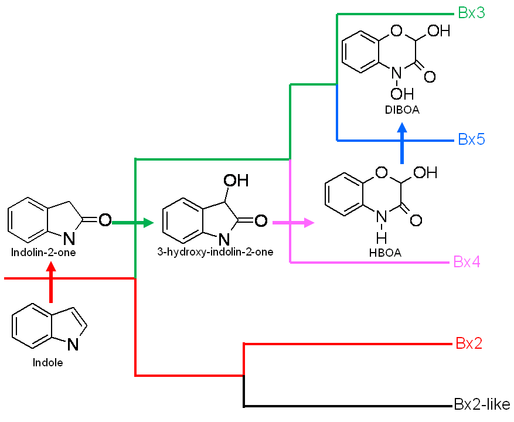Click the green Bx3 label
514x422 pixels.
coord(471,13)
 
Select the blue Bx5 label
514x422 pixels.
coord(471,139)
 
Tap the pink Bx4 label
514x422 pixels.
coord(467,261)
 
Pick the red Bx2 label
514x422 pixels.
coord(469,343)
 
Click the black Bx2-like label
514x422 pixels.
coord(482,404)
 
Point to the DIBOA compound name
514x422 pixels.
coord(402,110)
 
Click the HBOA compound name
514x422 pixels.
coord(385,253)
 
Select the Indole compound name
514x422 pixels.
coord(47,362)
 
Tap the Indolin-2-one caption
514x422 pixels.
coord(43,252)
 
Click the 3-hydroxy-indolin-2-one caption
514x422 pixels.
coord(215,251)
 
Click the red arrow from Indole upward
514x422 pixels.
coord(51,282)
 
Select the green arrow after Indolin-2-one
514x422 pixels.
coord(133,223)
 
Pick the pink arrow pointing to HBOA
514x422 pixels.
coord(294,223)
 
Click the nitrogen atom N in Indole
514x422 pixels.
coord(73,344)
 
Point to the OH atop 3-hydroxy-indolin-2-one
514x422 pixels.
coord(236,181)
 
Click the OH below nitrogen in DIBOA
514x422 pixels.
coord(402,94)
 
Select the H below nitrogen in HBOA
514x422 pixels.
coord(381,238)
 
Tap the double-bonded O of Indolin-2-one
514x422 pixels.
coord(105,220)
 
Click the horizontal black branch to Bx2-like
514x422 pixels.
coord(348,406)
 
